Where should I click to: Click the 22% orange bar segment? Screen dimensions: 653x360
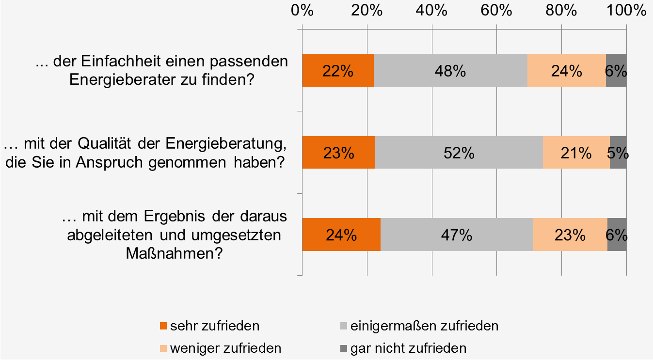pyautogui.click(x=338, y=70)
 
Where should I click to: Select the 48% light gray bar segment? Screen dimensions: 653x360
pyautogui.click(x=450, y=70)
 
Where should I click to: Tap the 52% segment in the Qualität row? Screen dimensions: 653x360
pyautogui.click(x=459, y=152)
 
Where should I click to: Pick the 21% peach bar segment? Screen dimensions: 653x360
pyautogui.click(x=576, y=152)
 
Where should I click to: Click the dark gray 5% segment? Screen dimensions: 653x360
pyautogui.click(x=618, y=152)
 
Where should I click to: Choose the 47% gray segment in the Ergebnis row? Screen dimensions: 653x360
pyautogui.click(x=457, y=235)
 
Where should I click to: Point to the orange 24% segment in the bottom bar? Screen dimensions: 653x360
pyautogui.click(x=341, y=235)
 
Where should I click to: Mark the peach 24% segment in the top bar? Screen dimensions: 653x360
pyautogui.click(x=567, y=70)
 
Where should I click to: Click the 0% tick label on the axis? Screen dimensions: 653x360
pyautogui.click(x=303, y=11)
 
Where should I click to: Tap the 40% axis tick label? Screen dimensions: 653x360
pyautogui.click(x=432, y=11)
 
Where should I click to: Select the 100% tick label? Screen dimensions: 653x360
pyautogui.click(x=626, y=11)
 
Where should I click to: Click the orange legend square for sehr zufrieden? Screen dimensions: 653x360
pyautogui.click(x=163, y=326)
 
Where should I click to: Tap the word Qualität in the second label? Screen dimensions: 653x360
pyautogui.click(x=104, y=143)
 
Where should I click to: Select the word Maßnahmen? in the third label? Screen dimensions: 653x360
pyautogui.click(x=175, y=253)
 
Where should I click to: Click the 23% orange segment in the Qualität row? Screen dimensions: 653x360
pyautogui.click(x=339, y=152)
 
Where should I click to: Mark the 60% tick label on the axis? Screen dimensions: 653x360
pyautogui.click(x=496, y=11)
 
